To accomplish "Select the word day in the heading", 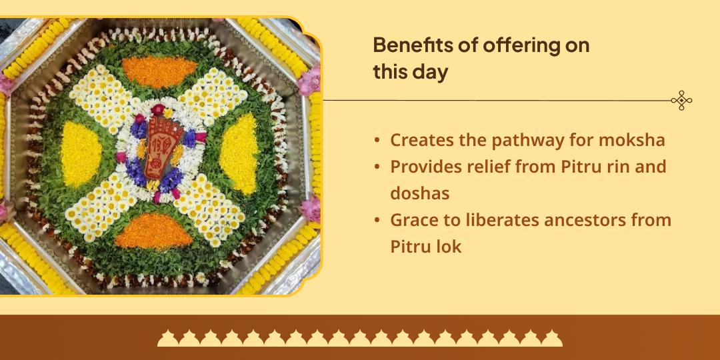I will coord(431,72).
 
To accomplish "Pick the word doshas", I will coord(420,193).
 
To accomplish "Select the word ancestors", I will coord(582,219).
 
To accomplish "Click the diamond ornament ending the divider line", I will coord(681,101).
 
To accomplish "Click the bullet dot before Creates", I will coord(378,141).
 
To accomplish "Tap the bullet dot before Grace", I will coord(378,220).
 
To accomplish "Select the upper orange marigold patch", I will coord(159,69).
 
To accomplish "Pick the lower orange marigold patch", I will coord(154,230).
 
